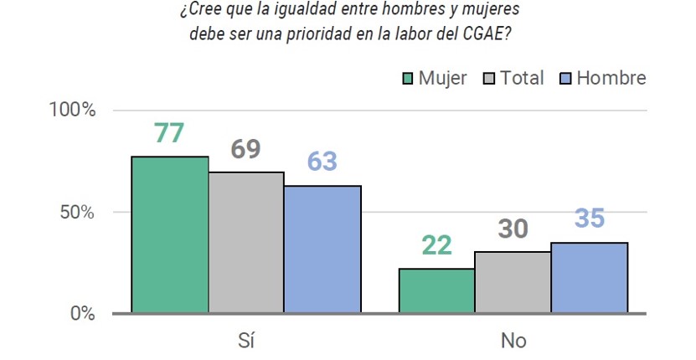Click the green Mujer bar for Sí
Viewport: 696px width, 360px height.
170,234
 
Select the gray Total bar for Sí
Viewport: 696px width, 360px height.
246,242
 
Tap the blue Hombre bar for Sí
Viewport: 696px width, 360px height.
322,249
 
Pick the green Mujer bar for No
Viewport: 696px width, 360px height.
436,291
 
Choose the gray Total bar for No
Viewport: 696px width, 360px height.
513,282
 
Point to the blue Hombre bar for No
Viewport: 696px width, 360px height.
590,277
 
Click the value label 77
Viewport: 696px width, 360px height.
169,133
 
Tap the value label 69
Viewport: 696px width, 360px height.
245,149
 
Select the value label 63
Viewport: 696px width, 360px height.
322,161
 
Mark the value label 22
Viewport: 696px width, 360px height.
436,245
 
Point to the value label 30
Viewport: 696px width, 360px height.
513,229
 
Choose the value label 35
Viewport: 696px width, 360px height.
590,218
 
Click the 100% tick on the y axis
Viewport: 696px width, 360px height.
72,110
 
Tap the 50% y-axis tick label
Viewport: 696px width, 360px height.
77,212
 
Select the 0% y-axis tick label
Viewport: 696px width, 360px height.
83,313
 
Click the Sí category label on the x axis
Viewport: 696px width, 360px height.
246,341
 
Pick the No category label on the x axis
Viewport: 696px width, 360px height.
513,341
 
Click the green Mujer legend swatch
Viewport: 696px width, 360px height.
408,79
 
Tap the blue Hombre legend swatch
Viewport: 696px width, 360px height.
565,79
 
